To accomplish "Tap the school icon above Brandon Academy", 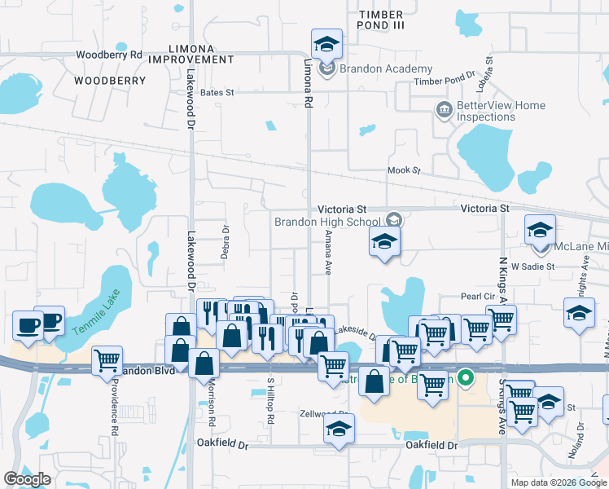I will tap(326, 44).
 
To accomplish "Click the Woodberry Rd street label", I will tap(109, 55).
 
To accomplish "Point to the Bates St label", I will tap(217, 94).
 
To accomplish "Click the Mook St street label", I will tap(404, 171).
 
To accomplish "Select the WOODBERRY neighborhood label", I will tap(110, 81).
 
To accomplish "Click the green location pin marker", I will tap(466, 377).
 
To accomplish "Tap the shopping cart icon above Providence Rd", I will tap(107, 359).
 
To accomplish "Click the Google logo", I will tap(28, 479).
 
